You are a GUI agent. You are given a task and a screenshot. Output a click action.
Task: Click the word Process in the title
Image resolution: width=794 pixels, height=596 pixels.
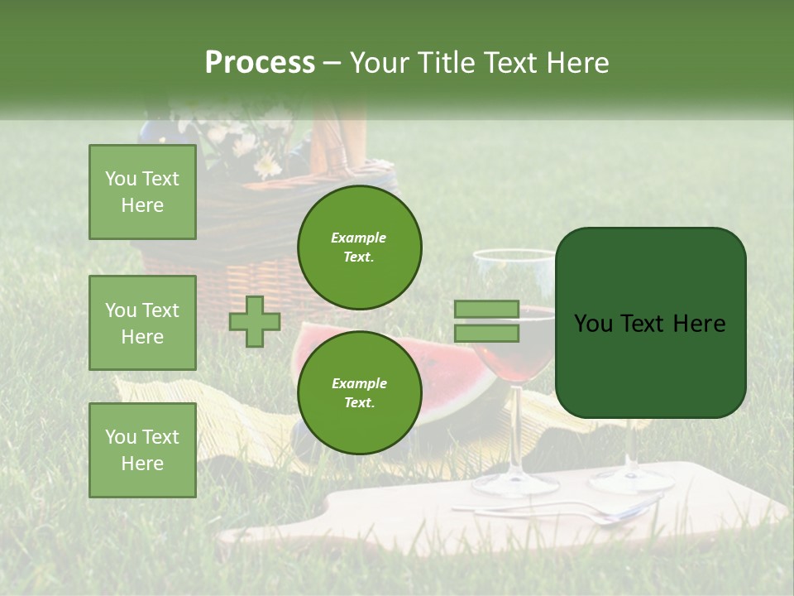point(260,63)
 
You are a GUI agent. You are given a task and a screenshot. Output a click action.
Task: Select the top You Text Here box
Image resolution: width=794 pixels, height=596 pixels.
point(142,192)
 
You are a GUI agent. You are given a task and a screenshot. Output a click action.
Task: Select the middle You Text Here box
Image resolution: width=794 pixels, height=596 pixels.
point(142,323)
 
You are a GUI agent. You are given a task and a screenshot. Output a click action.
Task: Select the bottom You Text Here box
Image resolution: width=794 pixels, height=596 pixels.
point(142,449)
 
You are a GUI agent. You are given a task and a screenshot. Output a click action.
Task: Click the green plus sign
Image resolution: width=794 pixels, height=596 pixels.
point(255,321)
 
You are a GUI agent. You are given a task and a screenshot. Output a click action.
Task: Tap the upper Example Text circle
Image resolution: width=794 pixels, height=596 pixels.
point(359,247)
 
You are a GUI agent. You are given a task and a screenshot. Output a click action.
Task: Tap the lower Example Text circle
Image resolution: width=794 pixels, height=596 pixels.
point(359,392)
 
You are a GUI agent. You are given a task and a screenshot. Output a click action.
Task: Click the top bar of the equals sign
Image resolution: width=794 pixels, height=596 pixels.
point(487,310)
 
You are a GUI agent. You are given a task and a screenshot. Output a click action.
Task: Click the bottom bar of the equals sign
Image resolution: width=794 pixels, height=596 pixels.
point(487,334)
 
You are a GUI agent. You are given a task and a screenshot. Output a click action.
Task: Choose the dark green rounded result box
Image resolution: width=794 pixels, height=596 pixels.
point(650,323)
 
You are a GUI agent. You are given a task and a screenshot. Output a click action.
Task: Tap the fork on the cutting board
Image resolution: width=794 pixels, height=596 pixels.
point(579,513)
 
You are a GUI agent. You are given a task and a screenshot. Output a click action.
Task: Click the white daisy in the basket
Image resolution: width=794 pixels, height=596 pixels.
point(267,167)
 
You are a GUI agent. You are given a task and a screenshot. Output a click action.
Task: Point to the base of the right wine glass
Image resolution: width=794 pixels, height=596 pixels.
point(633,480)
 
